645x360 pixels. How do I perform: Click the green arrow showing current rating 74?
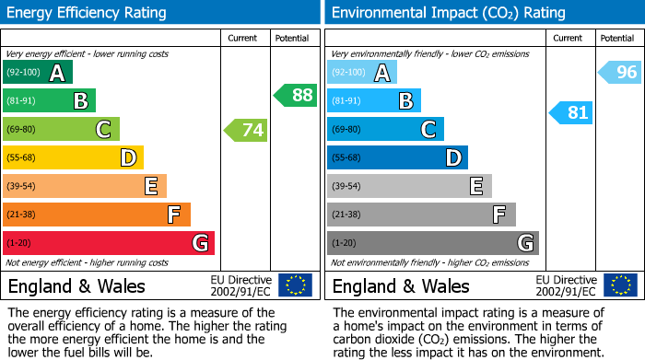(247, 130)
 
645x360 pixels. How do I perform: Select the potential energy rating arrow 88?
(295, 95)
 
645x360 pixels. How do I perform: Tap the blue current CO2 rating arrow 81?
(571, 112)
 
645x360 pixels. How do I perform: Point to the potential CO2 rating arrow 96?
(620, 72)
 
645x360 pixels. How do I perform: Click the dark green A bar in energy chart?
(38, 73)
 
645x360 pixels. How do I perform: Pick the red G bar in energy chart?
(109, 243)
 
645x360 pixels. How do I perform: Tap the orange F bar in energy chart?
(97, 215)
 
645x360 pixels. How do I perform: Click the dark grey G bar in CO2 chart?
(432, 243)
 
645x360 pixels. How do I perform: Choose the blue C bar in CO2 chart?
(385, 130)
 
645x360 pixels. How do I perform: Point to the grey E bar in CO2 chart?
(409, 186)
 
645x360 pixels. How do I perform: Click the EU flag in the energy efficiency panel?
(295, 285)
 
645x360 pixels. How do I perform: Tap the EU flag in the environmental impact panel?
(620, 285)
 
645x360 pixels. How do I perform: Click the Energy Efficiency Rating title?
(88, 13)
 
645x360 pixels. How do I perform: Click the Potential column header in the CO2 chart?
(616, 38)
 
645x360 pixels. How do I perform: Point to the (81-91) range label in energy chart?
(22, 101)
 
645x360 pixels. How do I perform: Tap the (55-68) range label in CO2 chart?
(347, 158)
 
